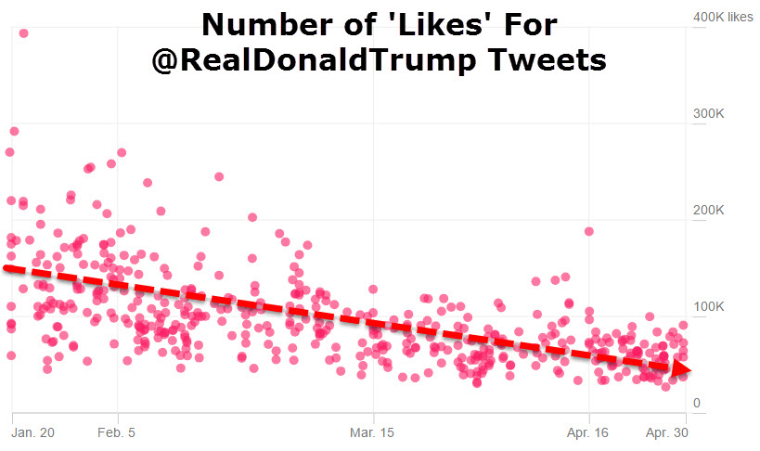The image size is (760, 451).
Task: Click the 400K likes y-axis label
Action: click(723, 17)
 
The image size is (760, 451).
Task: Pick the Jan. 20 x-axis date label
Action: click(33, 432)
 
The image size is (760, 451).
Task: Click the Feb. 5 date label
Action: click(117, 432)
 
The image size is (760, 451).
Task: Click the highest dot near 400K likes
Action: click(23, 33)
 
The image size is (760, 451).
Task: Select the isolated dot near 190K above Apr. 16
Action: click(588, 231)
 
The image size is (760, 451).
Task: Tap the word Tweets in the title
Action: click(544, 60)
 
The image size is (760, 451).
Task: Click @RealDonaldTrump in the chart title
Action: click(311, 60)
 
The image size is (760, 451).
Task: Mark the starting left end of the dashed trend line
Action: click(7, 268)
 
